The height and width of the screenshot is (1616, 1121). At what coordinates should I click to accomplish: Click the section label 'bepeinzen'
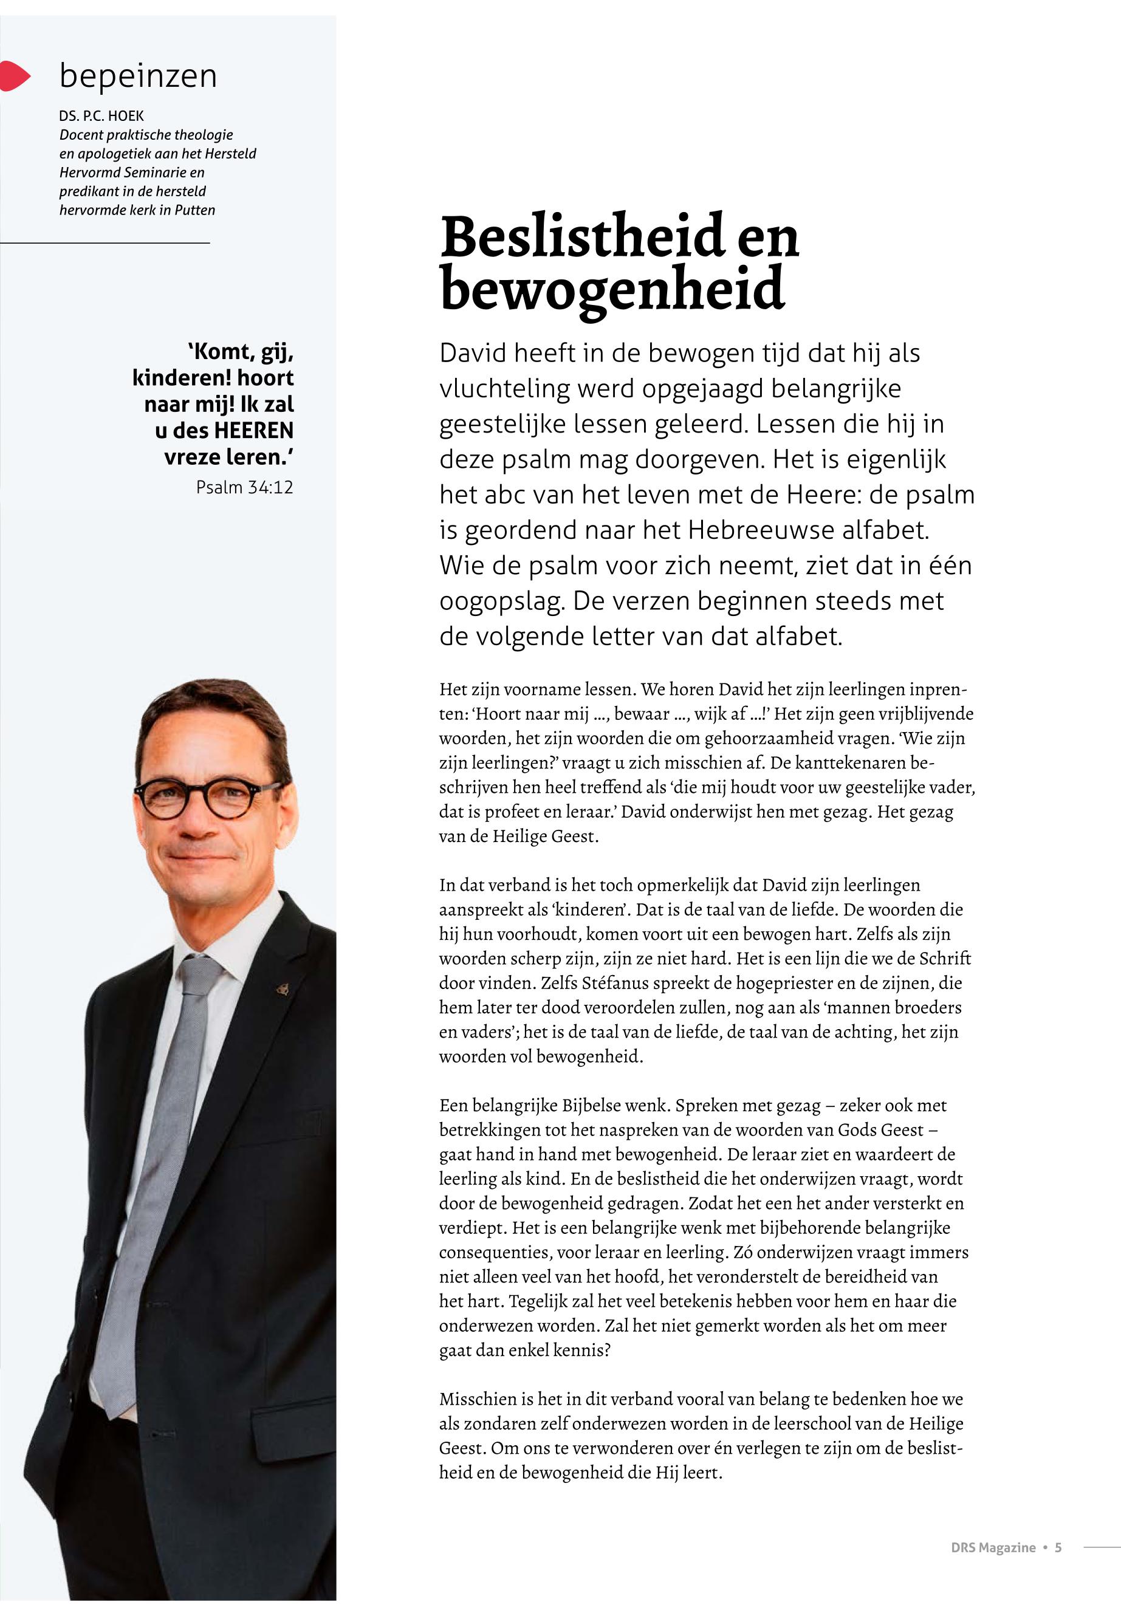pyautogui.click(x=139, y=76)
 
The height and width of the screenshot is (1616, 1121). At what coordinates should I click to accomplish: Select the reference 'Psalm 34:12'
pyautogui.click(x=244, y=487)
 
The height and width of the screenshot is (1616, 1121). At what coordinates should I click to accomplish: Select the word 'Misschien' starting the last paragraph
pyautogui.click(x=477, y=1399)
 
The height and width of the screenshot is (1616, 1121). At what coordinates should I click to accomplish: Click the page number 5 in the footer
pyautogui.click(x=1058, y=1547)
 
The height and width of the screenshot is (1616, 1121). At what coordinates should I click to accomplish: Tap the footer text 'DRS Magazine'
pyautogui.click(x=992, y=1547)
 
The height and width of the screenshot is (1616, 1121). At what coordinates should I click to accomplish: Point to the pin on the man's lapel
pyautogui.click(x=283, y=990)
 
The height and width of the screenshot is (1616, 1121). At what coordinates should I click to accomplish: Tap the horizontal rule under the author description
pyautogui.click(x=105, y=242)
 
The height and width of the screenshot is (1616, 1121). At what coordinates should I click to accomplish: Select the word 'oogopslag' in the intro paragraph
pyautogui.click(x=501, y=601)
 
